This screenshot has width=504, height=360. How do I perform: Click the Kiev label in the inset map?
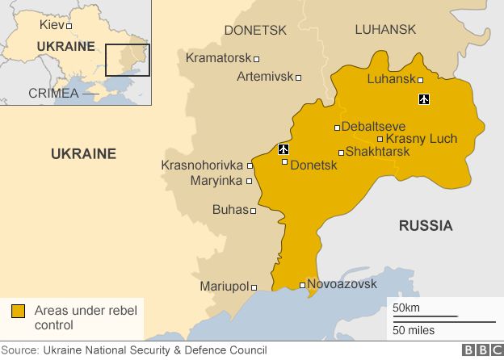coord(52,25)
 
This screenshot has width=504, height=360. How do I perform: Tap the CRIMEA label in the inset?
coord(53,93)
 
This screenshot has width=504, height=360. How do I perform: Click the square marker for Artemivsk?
coord(298,77)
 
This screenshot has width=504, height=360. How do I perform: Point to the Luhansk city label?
coord(391,79)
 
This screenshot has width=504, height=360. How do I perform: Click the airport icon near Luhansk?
coord(424,99)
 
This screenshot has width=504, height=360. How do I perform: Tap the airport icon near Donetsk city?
coord(283,149)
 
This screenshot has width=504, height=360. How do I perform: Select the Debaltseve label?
coord(373,127)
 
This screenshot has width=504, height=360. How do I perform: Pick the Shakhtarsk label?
coord(377,152)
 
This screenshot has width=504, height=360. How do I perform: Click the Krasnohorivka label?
coord(203,165)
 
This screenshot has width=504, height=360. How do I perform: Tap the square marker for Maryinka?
coord(249,181)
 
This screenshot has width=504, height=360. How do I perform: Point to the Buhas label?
coord(229,210)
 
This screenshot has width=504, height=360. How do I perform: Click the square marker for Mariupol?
coord(254,287)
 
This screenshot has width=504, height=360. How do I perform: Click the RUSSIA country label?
coord(426,225)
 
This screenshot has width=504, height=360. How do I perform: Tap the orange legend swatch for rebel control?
coord(18,311)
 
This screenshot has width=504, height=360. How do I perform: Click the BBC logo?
coord(481,350)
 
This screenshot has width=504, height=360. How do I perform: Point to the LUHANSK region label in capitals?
coord(385,30)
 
